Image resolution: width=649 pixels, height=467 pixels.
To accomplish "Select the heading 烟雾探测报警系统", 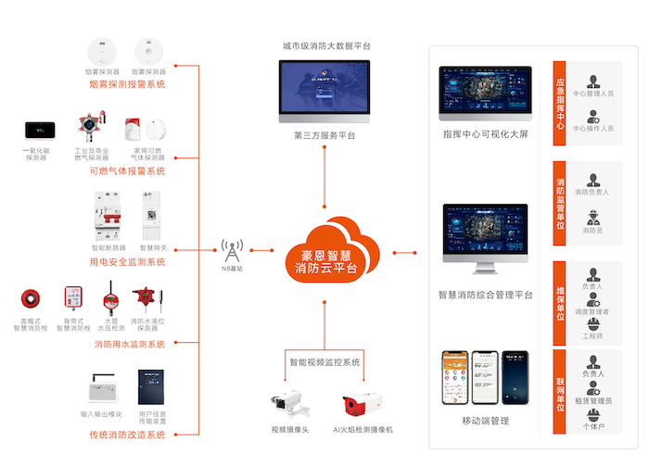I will click(x=127, y=84).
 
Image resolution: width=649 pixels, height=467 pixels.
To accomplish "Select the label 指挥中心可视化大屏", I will click(x=485, y=134).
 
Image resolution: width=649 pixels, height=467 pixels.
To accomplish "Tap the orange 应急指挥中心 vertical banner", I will click(x=559, y=103).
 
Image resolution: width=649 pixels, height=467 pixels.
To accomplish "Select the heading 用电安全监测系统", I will click(x=127, y=262).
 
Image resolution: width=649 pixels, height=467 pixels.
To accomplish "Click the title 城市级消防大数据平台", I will click(x=324, y=45).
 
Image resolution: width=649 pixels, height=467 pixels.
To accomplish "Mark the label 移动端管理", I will click(x=485, y=421).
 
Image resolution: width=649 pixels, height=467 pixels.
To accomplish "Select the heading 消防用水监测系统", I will click(x=129, y=345).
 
